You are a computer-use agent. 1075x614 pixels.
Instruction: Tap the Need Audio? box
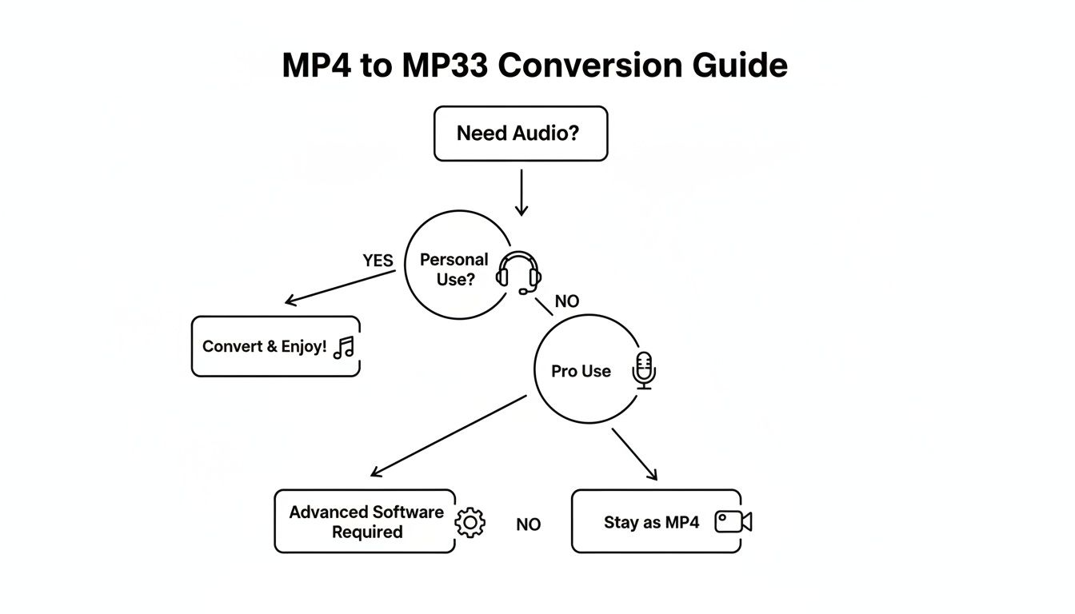520,134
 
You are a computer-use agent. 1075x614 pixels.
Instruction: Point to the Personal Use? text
454,269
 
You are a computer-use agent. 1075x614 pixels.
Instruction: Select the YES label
378,261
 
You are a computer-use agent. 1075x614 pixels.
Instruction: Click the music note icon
344,347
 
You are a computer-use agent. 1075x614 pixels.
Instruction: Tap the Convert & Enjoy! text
264,347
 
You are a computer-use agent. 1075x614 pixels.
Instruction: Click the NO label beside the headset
566,301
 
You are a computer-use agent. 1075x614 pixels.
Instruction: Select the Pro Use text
581,372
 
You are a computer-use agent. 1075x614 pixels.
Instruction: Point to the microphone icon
644,371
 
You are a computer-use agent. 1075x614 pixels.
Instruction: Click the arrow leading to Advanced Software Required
448,437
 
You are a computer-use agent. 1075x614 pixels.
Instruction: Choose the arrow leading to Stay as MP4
634,454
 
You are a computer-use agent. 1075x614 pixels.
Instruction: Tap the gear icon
470,522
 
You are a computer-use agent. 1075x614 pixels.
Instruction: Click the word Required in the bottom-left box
367,532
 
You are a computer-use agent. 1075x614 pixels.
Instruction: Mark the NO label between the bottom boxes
528,525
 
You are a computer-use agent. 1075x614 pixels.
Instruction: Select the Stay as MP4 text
651,523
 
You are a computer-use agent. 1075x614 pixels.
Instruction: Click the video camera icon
733,522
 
